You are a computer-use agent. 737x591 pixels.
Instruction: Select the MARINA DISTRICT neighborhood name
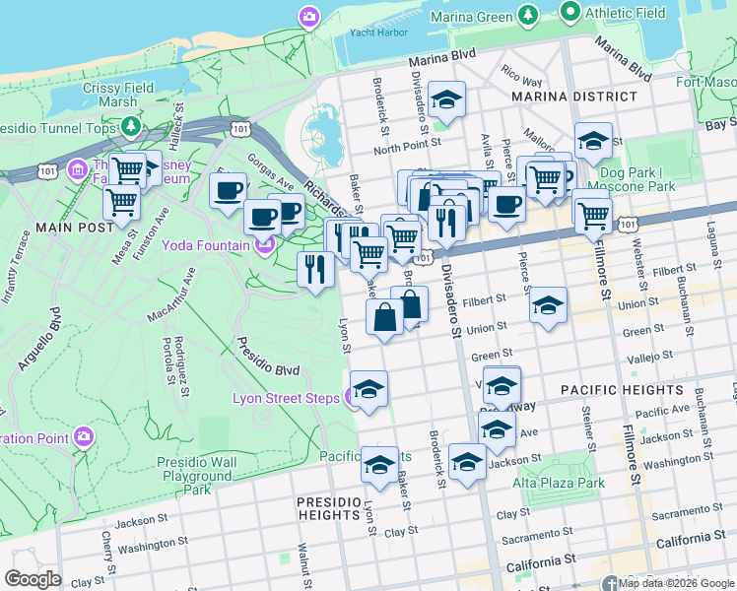click(x=573, y=97)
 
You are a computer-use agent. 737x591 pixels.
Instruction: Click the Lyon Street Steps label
click(x=286, y=398)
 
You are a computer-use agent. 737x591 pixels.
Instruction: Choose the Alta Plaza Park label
click(x=559, y=483)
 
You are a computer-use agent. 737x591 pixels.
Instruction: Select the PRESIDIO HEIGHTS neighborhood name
click(x=329, y=507)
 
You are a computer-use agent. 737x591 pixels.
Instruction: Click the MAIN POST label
click(x=42, y=227)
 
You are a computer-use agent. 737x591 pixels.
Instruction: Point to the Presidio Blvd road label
click(x=267, y=357)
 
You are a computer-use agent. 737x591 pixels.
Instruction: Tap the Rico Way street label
click(x=521, y=76)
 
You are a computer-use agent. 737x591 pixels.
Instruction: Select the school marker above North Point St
click(x=447, y=99)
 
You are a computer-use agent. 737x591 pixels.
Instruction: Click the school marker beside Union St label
click(x=548, y=305)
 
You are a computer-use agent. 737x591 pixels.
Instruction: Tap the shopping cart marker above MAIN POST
click(x=121, y=202)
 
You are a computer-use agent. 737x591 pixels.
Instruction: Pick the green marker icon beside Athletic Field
click(x=569, y=12)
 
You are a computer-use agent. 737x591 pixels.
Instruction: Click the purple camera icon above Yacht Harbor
click(x=309, y=17)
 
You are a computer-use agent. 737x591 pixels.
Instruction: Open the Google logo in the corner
click(x=33, y=579)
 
